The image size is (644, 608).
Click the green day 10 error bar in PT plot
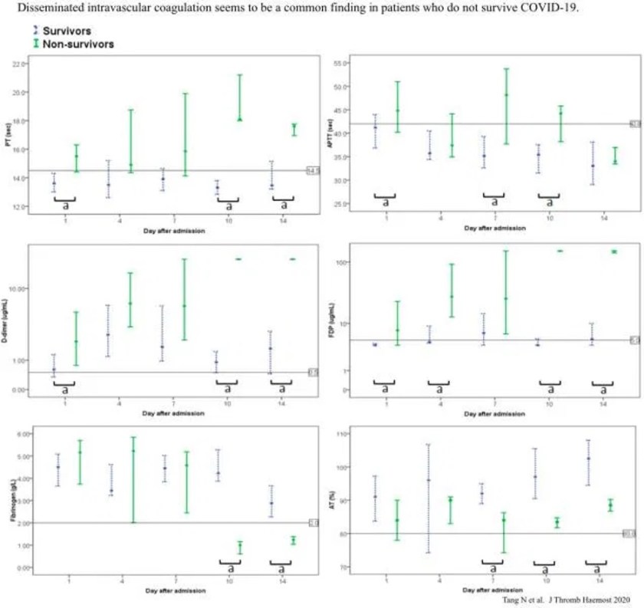[240, 97]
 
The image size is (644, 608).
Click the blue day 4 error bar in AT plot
[428, 498]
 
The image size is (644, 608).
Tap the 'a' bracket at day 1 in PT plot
[64, 203]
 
